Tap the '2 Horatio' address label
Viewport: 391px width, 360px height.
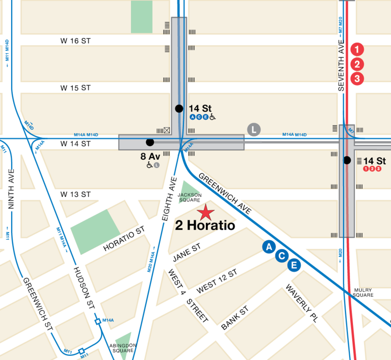point(205,226)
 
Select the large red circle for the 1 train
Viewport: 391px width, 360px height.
point(357,49)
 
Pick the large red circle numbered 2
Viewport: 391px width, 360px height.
point(357,64)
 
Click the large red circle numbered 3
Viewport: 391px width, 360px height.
point(357,79)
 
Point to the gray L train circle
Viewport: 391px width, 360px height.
point(254,130)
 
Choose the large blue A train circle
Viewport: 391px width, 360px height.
point(269,247)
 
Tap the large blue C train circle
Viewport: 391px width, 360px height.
point(281,256)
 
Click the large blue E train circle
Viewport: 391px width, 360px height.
point(294,265)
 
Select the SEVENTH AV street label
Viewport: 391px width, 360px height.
point(342,68)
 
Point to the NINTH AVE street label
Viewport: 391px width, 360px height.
point(12,190)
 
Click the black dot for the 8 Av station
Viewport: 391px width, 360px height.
point(150,142)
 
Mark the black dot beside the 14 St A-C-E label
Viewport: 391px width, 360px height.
point(179,109)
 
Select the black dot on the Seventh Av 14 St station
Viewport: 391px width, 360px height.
point(347,160)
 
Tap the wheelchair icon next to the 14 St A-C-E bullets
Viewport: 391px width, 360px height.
point(212,117)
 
